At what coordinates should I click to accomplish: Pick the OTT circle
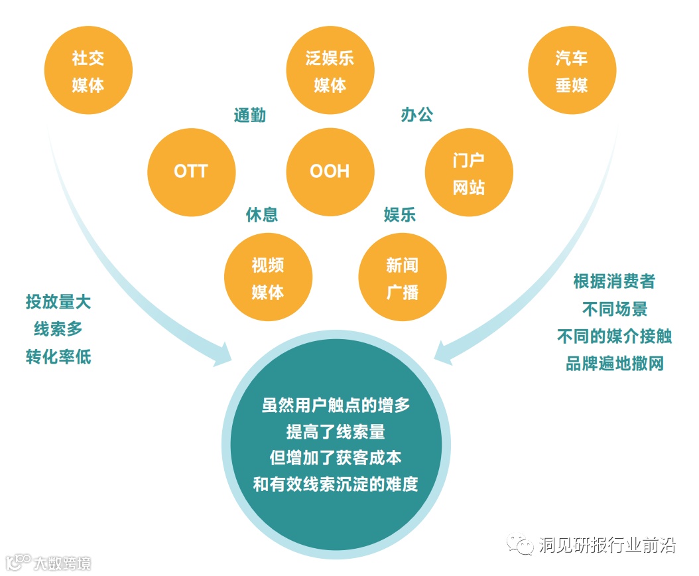click(x=191, y=171)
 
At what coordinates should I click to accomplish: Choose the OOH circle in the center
click(x=330, y=171)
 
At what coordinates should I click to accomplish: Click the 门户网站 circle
click(x=469, y=171)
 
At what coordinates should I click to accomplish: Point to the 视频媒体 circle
click(x=268, y=278)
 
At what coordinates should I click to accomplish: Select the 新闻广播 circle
click(x=403, y=278)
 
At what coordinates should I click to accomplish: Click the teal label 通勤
click(x=250, y=115)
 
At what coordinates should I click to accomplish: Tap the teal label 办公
click(x=417, y=115)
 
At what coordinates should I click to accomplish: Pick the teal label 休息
click(x=262, y=215)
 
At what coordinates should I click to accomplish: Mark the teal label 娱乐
click(x=400, y=215)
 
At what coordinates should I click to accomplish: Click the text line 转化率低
click(x=58, y=356)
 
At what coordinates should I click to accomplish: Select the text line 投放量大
click(x=58, y=302)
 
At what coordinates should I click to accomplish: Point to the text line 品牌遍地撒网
click(x=614, y=364)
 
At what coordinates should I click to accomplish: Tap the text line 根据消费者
click(x=614, y=281)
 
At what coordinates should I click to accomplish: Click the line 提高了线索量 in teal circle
click(x=336, y=432)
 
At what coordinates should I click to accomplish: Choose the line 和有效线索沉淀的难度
click(x=336, y=484)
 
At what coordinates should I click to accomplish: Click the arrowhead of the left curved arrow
click(x=222, y=353)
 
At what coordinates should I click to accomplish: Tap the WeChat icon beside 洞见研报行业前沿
click(x=520, y=545)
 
